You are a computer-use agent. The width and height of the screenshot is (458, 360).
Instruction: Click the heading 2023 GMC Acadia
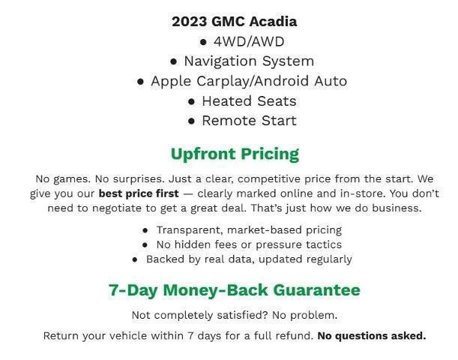click(x=234, y=21)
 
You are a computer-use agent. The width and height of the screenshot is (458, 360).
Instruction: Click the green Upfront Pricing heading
click(x=235, y=154)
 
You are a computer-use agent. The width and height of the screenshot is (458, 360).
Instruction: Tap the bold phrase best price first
click(x=138, y=193)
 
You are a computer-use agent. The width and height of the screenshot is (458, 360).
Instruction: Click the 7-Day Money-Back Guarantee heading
click(x=234, y=290)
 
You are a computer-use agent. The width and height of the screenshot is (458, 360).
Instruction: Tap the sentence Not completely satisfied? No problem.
click(x=234, y=314)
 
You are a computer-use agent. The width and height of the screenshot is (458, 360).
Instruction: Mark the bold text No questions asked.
click(x=371, y=335)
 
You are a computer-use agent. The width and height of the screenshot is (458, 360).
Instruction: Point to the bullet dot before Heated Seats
click(x=192, y=101)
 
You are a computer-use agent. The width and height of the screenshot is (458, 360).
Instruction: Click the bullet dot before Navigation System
click(x=174, y=61)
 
